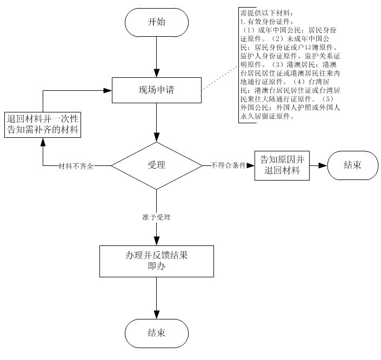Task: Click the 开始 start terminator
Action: [x=156, y=22]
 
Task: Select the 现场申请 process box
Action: [x=156, y=90]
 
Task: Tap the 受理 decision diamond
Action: [x=156, y=165]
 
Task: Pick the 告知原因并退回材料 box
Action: [x=282, y=165]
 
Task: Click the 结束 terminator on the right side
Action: [x=352, y=165]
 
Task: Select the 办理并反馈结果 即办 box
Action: [x=156, y=261]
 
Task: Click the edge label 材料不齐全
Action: [x=76, y=166]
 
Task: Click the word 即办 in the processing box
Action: [x=156, y=265]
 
